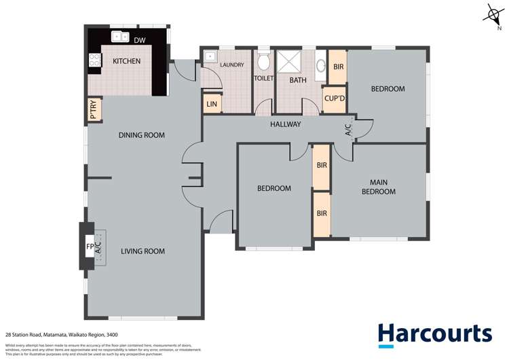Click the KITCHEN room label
pos(126,61)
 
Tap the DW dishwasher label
pos(139,40)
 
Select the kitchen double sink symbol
pos(121,37)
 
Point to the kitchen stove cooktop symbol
pos(93,61)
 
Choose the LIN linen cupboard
pos(212,104)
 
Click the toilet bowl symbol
pos(263,63)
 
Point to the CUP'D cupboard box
pos(333,99)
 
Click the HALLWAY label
pos(285,124)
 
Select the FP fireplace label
pos(89,247)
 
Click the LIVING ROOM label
pos(143,251)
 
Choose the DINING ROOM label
pos(142,135)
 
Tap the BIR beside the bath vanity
pos(337,67)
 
